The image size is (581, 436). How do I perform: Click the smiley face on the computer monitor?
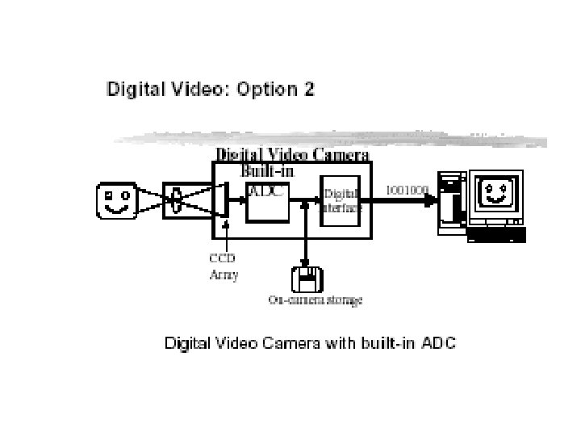[x=493, y=194]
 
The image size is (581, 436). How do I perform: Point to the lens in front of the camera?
[x=176, y=201]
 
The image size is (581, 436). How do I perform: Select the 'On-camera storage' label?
[x=315, y=300]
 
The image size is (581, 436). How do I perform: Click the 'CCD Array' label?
[x=224, y=266]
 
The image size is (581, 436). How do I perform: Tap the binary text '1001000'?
[x=407, y=190]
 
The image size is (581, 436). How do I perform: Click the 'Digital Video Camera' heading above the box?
[x=291, y=154]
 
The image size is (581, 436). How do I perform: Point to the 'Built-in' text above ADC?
[x=268, y=170]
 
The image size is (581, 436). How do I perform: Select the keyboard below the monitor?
[x=496, y=235]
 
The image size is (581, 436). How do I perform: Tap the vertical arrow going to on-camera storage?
[x=305, y=238]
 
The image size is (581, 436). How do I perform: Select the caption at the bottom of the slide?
[x=311, y=343]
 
